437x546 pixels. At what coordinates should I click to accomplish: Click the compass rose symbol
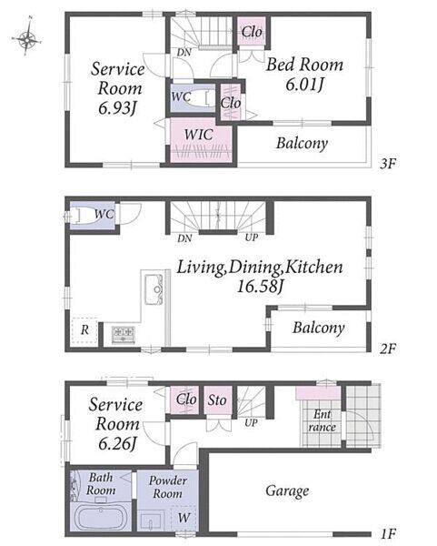(x=26, y=38)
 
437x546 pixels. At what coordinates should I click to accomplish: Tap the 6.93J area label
(x=116, y=107)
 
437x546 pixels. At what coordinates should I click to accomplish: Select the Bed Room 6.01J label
(x=304, y=75)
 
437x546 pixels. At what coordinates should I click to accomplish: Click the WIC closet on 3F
(x=201, y=141)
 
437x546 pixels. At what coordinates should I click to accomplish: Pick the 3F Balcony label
(x=302, y=143)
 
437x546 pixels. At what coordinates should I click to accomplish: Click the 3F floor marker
(x=388, y=163)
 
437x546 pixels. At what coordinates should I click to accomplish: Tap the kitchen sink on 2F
(x=154, y=289)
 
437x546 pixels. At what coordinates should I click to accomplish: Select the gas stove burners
(x=124, y=334)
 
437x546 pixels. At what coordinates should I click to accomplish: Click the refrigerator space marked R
(x=84, y=330)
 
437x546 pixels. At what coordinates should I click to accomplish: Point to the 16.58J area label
(x=260, y=287)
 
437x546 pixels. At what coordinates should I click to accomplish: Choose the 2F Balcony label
(x=318, y=328)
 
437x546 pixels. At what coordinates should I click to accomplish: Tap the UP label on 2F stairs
(x=252, y=238)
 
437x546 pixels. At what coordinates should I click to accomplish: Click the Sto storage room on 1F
(x=218, y=399)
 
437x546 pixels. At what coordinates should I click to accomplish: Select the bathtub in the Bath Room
(x=101, y=518)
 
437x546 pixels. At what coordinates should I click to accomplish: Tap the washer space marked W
(x=184, y=518)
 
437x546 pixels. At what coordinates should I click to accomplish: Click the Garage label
(x=287, y=491)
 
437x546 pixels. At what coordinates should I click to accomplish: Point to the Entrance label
(x=322, y=420)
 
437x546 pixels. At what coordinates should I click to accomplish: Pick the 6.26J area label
(x=117, y=443)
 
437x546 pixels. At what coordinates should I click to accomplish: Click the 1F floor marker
(x=388, y=533)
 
